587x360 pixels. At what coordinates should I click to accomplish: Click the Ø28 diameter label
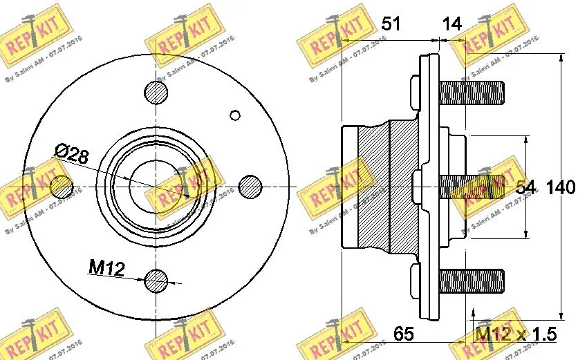[x=72, y=155]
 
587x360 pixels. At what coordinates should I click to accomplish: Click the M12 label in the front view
[x=106, y=267]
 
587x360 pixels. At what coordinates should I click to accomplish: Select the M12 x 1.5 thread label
[x=515, y=335]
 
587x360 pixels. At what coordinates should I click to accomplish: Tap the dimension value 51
[x=392, y=24]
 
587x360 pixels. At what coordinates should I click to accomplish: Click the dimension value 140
[x=560, y=187]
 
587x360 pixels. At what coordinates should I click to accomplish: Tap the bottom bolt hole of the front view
[x=156, y=280]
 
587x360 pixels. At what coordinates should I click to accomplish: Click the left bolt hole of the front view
[x=62, y=186]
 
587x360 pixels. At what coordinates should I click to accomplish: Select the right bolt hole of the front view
[x=250, y=186]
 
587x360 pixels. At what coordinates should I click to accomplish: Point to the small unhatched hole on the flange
[x=235, y=115]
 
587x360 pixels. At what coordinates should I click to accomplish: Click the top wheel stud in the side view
[x=470, y=92]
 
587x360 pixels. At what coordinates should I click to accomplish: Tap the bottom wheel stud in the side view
[x=470, y=280]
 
